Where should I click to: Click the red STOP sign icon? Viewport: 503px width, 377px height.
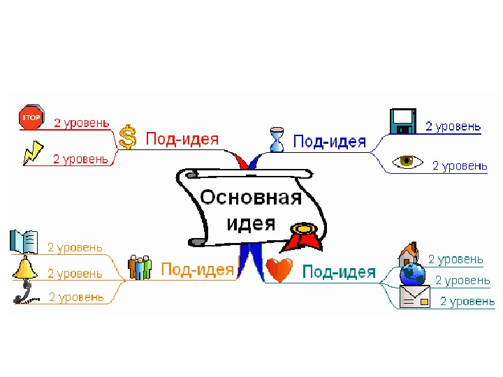tap(31, 118)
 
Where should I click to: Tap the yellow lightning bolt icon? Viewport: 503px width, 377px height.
tap(32, 153)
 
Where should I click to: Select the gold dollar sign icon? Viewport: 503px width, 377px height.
tap(127, 137)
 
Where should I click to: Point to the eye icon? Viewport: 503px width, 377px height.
tap(407, 161)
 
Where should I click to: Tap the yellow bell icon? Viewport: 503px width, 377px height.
tap(24, 269)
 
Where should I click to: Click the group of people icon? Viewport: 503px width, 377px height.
tap(140, 267)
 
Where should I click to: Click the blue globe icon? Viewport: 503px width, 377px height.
tap(412, 273)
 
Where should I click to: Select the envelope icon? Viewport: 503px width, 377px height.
tap(414, 297)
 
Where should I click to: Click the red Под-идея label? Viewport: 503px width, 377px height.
tap(182, 139)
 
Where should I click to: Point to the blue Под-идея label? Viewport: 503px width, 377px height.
tap(330, 142)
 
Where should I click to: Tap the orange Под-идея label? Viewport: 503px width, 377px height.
tap(197, 269)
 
